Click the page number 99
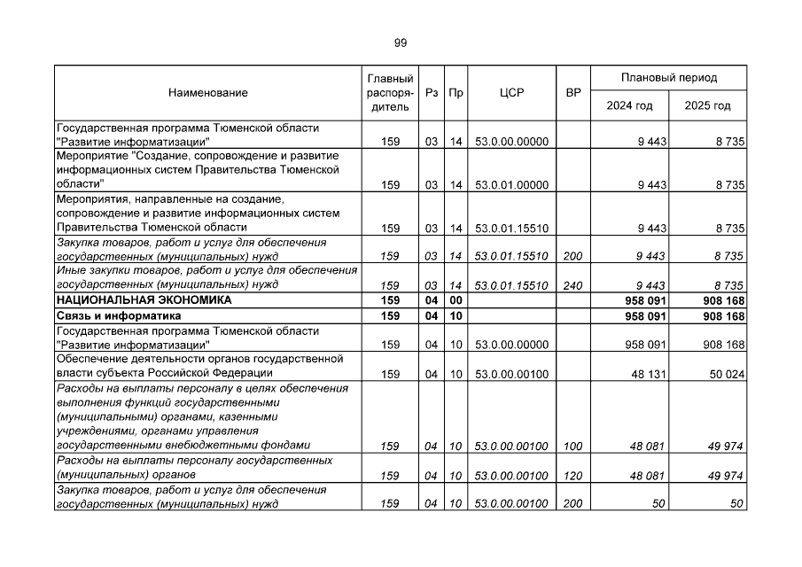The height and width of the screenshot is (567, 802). pyautogui.click(x=401, y=43)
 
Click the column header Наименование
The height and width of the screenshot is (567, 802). pyautogui.click(x=207, y=93)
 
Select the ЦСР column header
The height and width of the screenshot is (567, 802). pyautogui.click(x=511, y=93)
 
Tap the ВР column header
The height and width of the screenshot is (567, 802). pyautogui.click(x=573, y=93)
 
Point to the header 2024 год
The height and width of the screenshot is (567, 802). pyautogui.click(x=629, y=106)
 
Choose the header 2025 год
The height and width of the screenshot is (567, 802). pyautogui.click(x=707, y=106)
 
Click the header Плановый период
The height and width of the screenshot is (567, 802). pyautogui.click(x=669, y=78)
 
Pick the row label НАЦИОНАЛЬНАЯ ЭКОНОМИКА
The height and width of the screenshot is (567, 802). pyautogui.click(x=144, y=300)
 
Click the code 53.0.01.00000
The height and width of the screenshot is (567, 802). pyautogui.click(x=512, y=185)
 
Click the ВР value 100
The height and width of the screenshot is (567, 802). pyautogui.click(x=572, y=446)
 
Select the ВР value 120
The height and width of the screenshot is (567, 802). pyautogui.click(x=572, y=476)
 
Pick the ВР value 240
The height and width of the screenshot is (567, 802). pyautogui.click(x=572, y=285)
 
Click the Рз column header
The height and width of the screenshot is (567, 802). pyautogui.click(x=432, y=93)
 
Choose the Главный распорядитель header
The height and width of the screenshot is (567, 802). pyautogui.click(x=389, y=93)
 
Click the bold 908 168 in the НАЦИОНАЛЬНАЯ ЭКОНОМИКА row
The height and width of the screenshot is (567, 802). pyautogui.click(x=721, y=300)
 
